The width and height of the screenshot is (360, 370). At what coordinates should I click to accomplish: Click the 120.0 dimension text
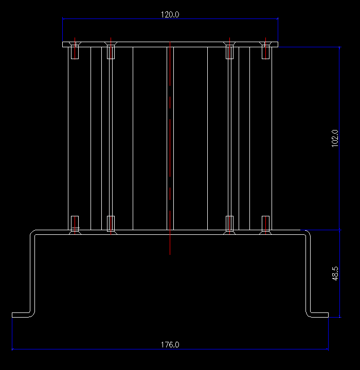170,14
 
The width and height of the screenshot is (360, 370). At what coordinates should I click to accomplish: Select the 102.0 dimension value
335,138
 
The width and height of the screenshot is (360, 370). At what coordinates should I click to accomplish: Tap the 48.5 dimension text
335,273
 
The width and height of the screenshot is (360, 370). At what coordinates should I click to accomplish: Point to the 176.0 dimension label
170,344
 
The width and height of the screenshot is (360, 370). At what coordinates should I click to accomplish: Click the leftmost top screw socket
75,52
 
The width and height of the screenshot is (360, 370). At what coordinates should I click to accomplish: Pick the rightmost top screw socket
265,52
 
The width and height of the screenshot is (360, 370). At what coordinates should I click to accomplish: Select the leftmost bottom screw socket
75,223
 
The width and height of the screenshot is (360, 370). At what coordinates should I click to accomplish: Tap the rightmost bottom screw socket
265,223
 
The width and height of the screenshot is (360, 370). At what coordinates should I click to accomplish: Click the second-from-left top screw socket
110,52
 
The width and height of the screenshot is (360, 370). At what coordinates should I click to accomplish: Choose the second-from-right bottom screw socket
229,223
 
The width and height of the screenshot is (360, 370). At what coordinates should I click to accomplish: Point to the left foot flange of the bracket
22,314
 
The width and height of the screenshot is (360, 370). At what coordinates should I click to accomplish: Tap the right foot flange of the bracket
319,314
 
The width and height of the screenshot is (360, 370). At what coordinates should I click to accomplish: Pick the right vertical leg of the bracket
309,272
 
